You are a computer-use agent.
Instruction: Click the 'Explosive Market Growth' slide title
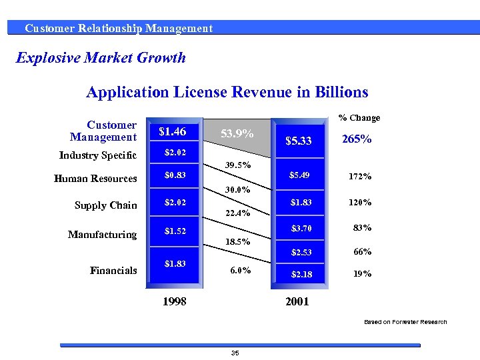101,57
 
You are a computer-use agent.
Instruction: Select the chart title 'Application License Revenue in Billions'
227,92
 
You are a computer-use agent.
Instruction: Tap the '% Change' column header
359,118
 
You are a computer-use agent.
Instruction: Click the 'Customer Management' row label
103,131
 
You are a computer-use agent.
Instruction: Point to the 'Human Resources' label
95,178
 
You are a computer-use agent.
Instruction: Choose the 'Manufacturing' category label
102,234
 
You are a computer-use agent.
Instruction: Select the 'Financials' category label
113,270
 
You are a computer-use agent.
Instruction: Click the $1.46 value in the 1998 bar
172,131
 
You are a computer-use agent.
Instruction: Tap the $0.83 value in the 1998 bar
175,176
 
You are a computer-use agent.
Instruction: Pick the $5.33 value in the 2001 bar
299,141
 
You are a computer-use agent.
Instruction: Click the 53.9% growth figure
237,134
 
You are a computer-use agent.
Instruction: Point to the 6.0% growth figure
240,270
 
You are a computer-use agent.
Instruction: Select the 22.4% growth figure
237,213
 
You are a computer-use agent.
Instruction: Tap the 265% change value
357,140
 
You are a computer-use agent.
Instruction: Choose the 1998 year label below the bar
175,301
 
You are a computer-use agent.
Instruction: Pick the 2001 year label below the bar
297,301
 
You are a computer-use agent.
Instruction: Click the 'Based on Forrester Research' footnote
405,322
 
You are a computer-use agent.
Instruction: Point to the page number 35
235,353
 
